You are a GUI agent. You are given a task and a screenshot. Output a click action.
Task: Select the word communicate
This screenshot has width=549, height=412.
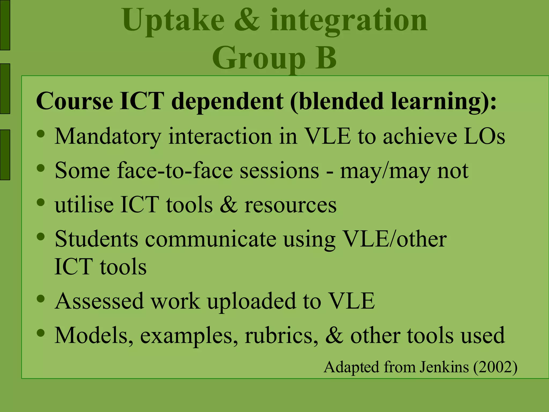coord(211,239)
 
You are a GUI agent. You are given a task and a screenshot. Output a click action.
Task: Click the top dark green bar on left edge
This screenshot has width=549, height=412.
coord(5,25)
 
